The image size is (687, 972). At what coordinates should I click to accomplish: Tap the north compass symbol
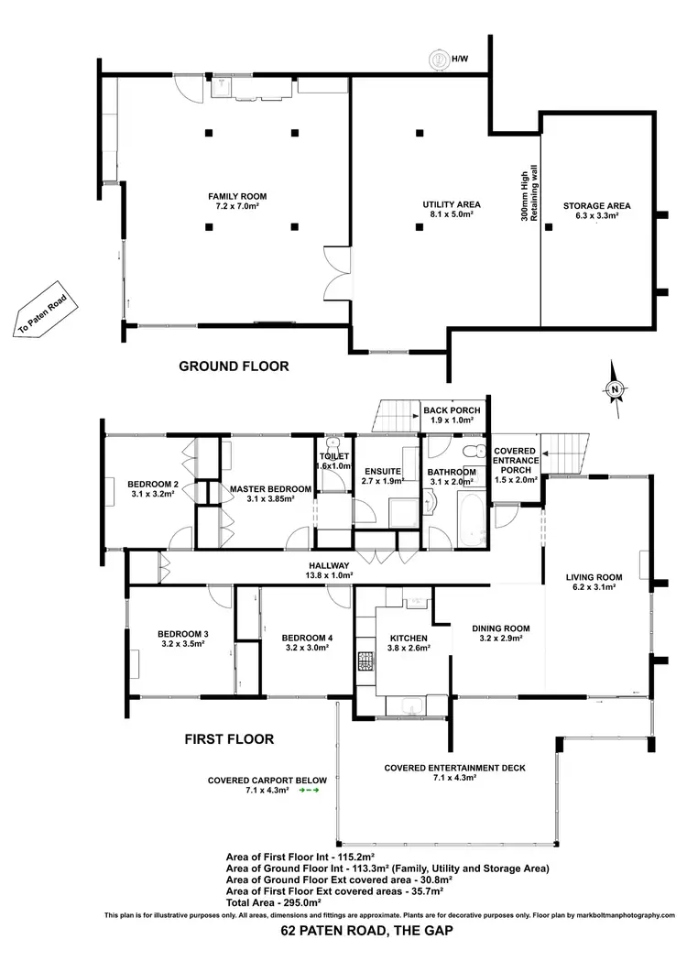click(616, 390)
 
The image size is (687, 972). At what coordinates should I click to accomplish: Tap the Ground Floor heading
click(234, 366)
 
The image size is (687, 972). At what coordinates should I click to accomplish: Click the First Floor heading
click(230, 738)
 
